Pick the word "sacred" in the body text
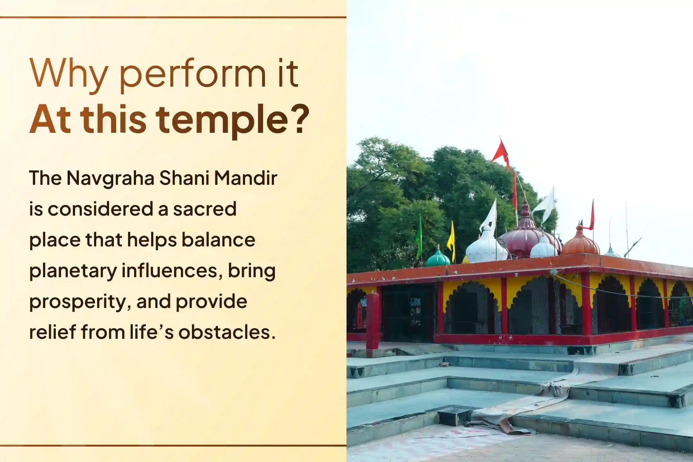pos(205,209)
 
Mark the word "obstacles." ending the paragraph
pos(227,332)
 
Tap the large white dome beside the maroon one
pos(486,246)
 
